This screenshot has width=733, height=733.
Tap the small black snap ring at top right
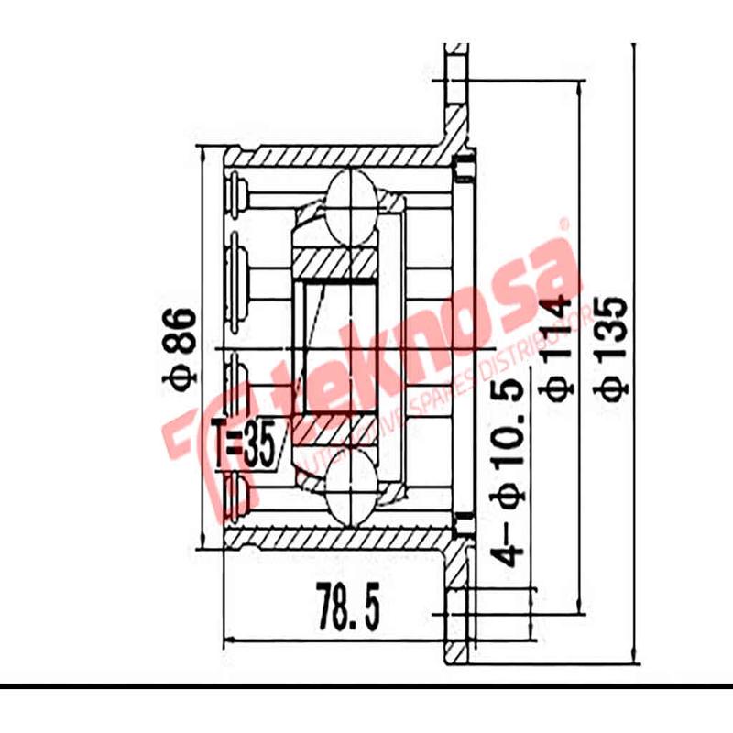point(464,168)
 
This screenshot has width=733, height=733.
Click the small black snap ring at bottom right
point(464,527)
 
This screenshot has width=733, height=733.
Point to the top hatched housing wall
point(330,157)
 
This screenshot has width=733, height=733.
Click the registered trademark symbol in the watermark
point(564,223)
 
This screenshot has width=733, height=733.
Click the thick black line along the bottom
point(366,684)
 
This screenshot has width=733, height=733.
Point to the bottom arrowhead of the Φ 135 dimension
point(637,654)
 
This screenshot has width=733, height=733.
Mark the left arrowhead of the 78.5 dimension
point(230,639)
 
